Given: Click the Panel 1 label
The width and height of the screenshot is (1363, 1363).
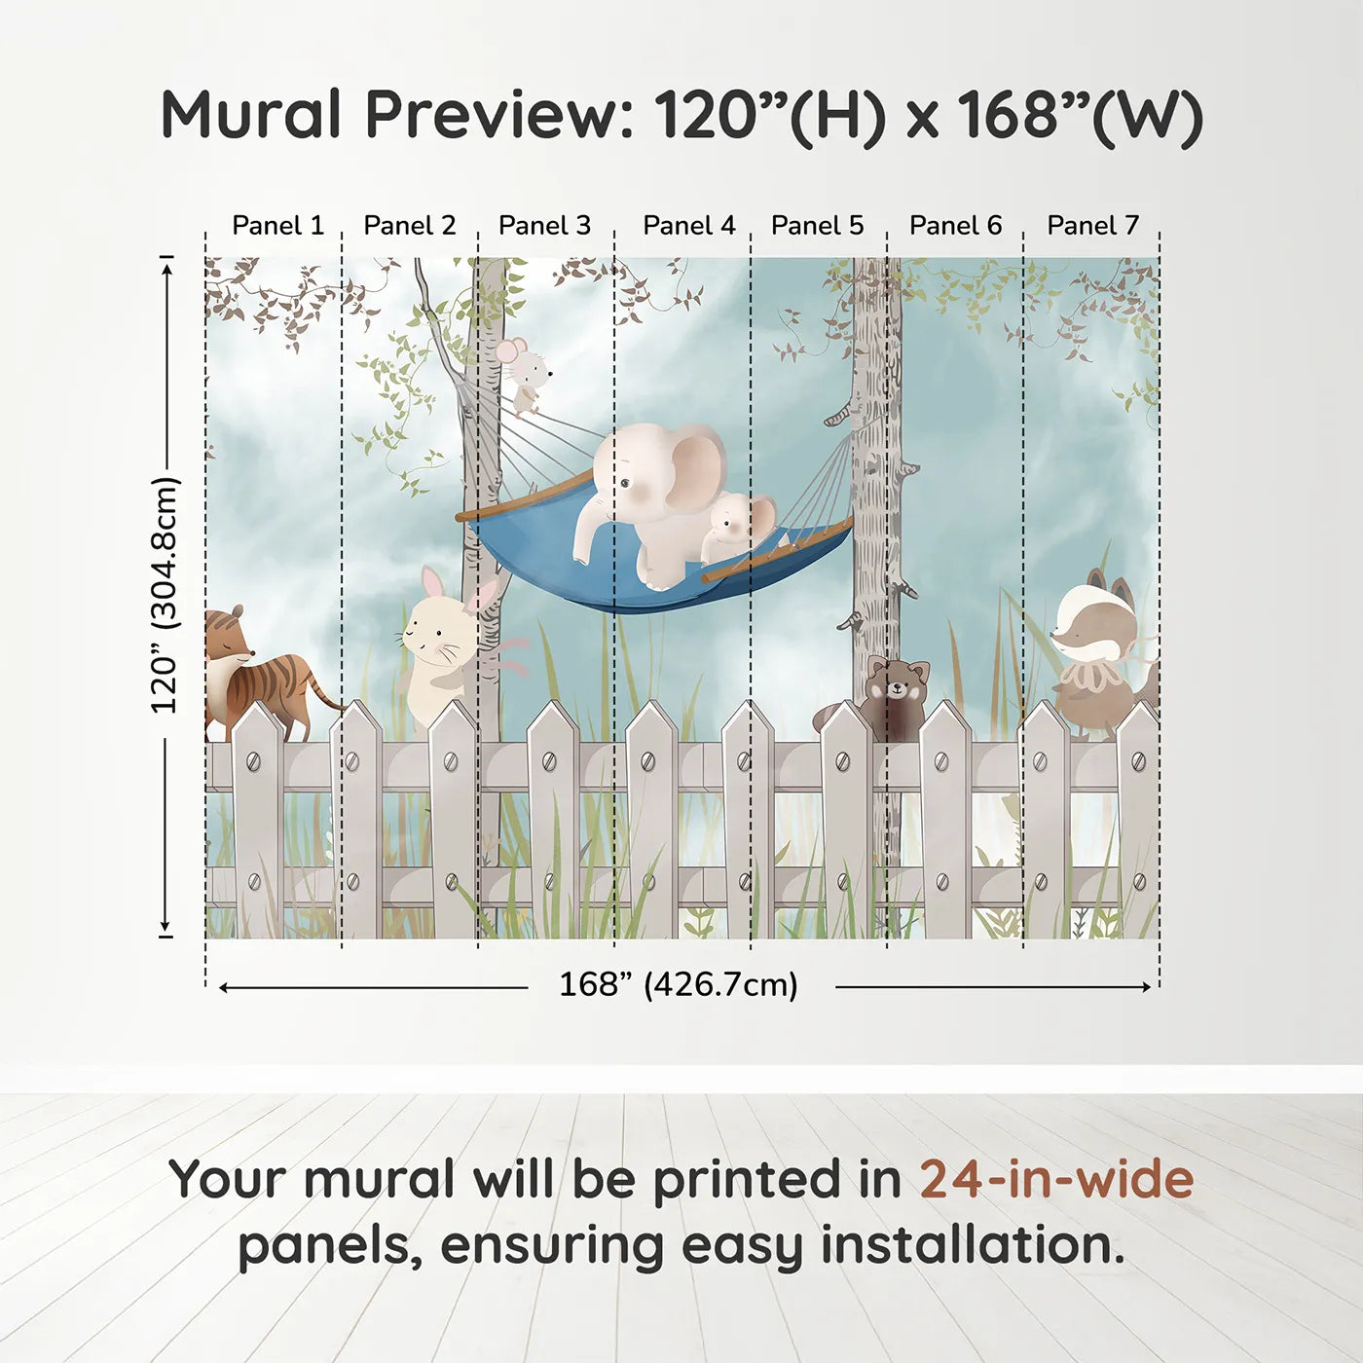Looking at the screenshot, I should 277,226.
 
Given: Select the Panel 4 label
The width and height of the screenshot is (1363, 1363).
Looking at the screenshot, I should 689,226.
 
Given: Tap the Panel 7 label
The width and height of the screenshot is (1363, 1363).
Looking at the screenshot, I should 1092,226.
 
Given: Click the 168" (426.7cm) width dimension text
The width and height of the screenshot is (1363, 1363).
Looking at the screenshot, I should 678,985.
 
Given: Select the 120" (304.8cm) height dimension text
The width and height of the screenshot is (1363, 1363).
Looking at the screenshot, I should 165,596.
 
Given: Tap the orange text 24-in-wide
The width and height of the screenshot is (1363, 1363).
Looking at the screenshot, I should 1056,1179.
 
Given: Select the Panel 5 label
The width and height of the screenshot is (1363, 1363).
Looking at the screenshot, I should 817,226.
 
